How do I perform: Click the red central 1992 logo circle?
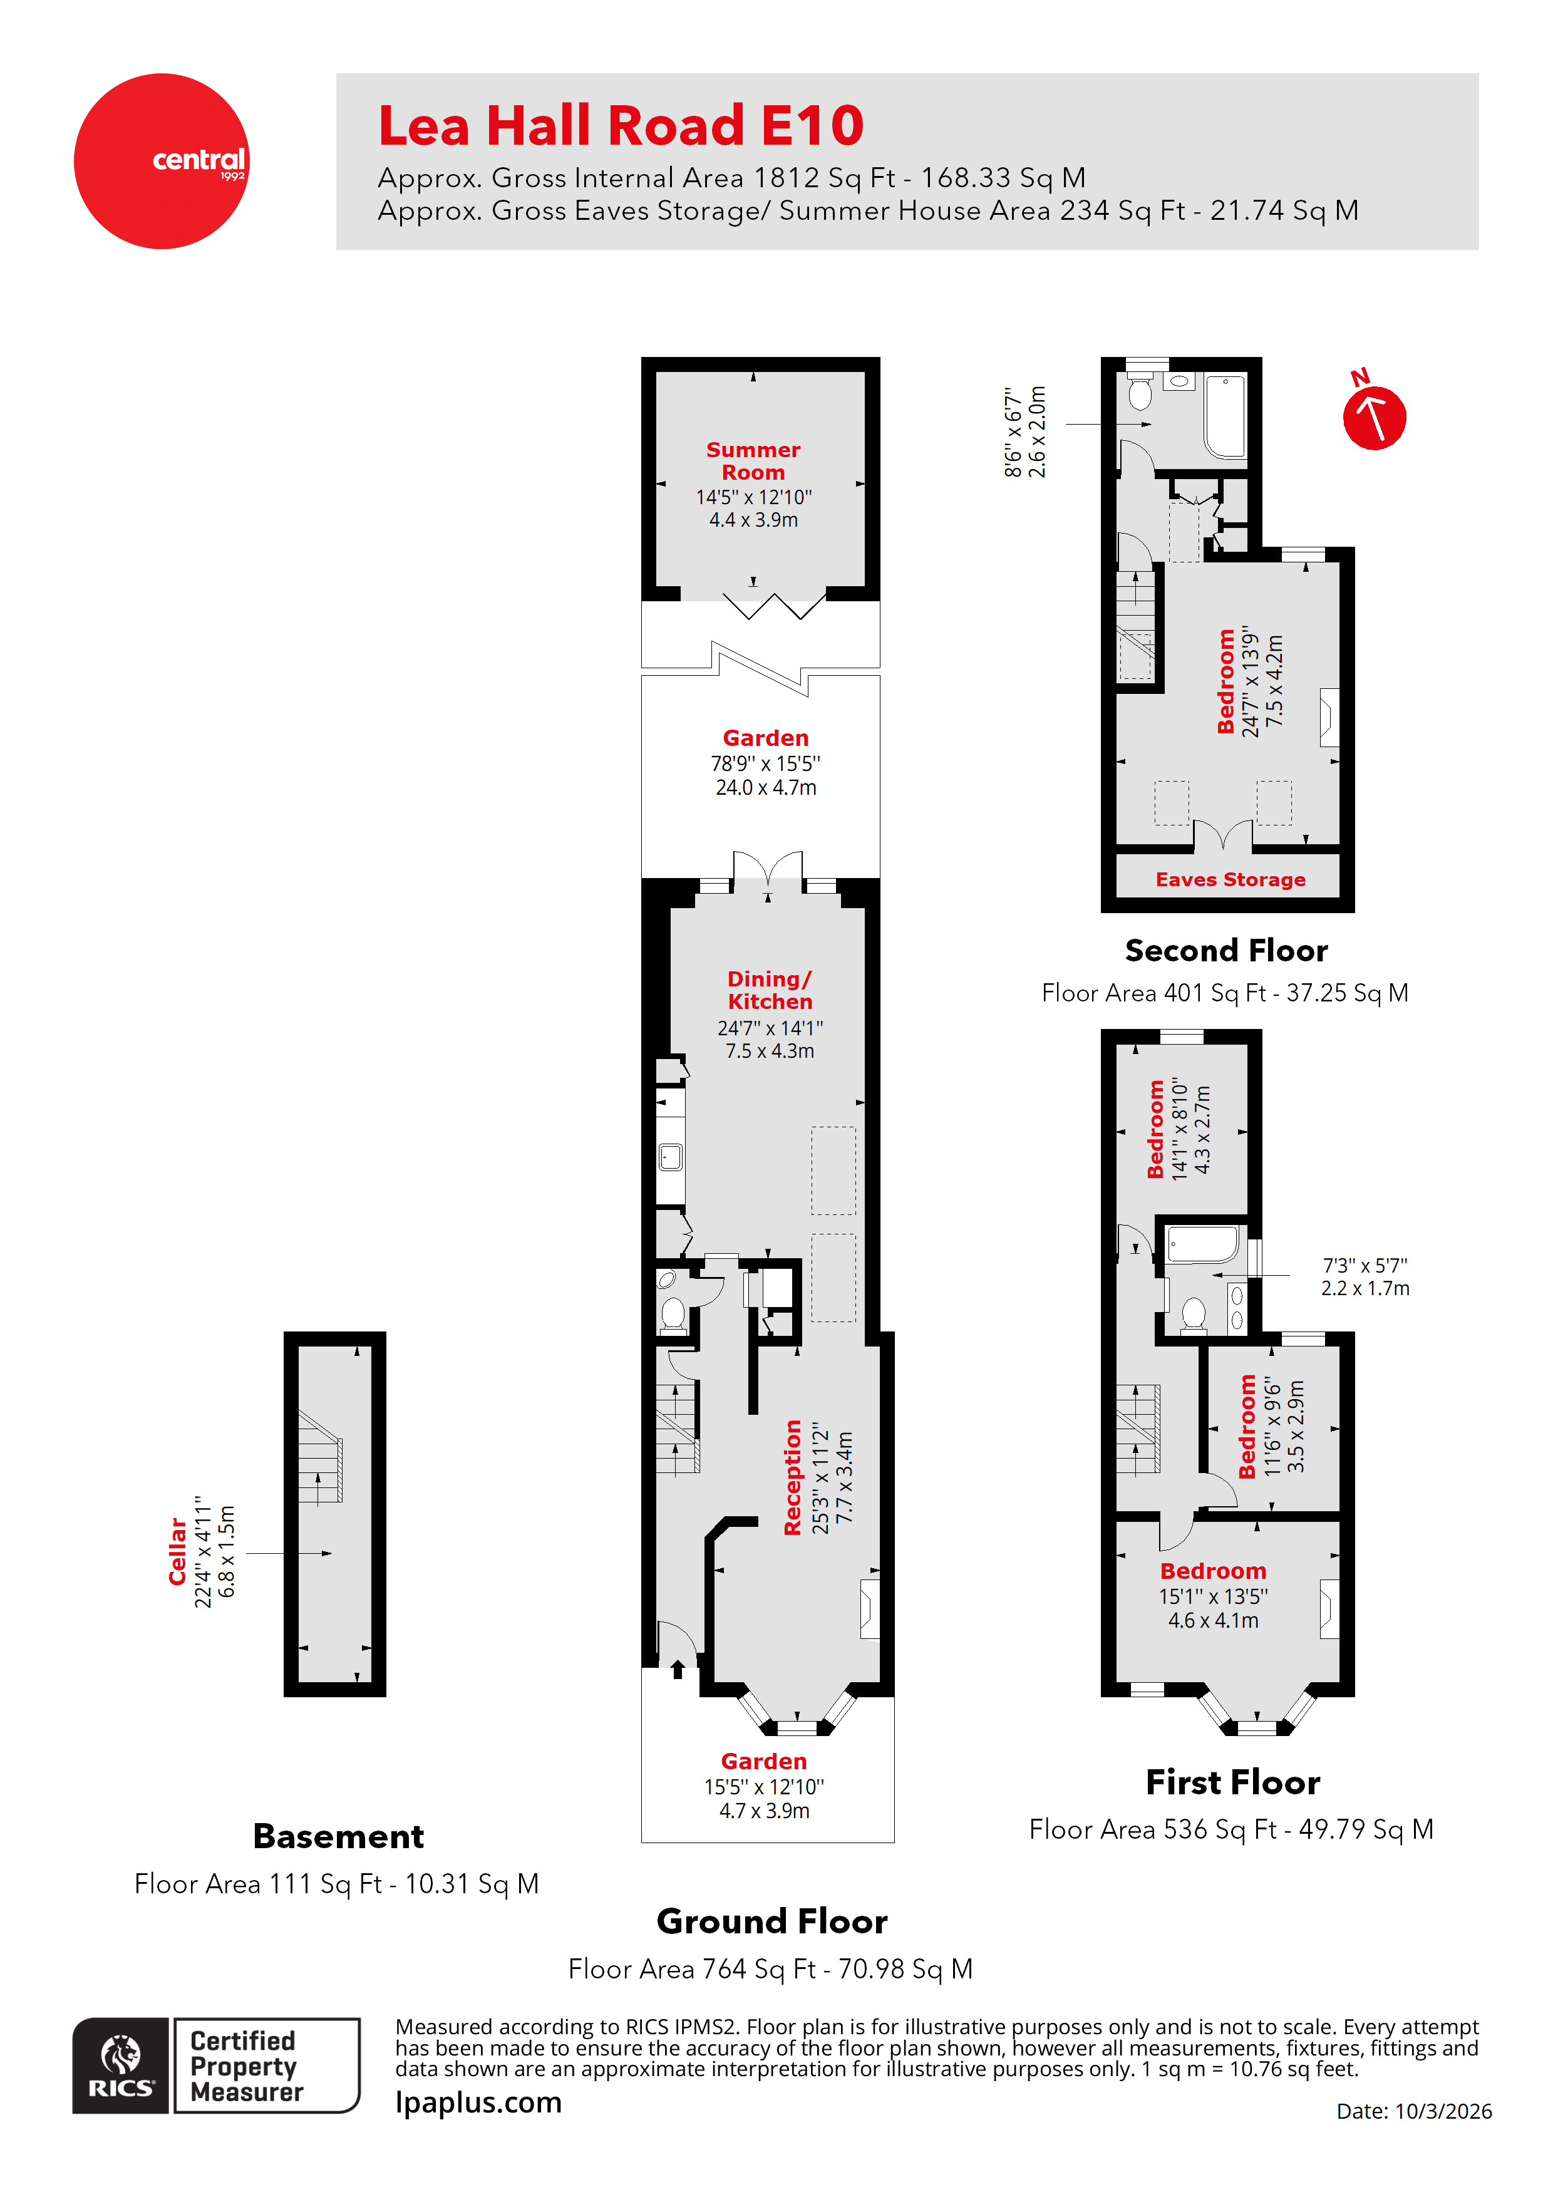pos(161,161)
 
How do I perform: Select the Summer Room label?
pos(753,460)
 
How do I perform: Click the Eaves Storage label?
pos(1230,879)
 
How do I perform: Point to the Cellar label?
pos(177,1551)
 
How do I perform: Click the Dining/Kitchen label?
pos(770,990)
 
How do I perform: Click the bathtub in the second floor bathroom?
pos(1225,416)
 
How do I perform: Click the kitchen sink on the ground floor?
pos(671,1157)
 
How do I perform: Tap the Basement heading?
pos(338,1836)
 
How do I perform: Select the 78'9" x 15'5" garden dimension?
pos(765,763)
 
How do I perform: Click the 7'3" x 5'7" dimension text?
pos(1365,1265)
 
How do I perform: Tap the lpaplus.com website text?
pos(478,2102)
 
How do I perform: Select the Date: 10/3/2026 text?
pos(1413,2111)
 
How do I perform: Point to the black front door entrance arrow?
pos(678,1670)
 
